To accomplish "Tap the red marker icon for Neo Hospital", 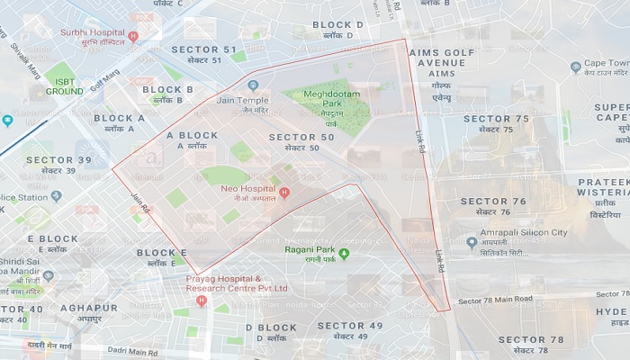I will (285, 193).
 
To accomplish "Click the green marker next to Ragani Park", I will (344, 251).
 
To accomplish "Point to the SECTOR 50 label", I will (301, 137).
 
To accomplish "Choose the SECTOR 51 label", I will (204, 49).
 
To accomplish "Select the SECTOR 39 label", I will (58, 159).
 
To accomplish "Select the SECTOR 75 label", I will (496, 119).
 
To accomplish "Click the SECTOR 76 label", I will (493, 202).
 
